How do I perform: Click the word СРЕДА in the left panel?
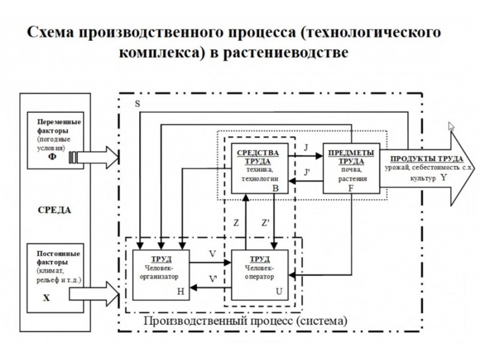[x=56, y=211]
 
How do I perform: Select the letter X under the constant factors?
[x=47, y=296]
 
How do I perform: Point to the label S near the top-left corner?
[x=138, y=104]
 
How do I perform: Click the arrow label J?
[x=306, y=148]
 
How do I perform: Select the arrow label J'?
[x=307, y=173]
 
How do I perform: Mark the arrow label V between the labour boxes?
[x=212, y=254]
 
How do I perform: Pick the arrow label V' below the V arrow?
[x=213, y=279]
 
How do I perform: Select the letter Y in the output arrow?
[x=443, y=178]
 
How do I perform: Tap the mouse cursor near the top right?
[x=452, y=126]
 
